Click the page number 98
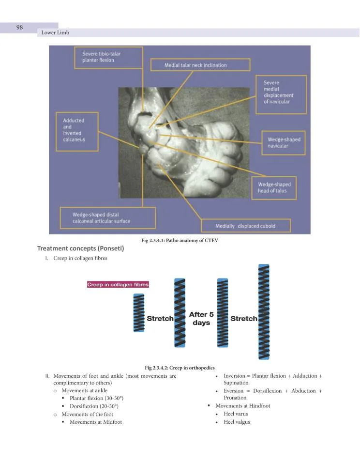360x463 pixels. click(20, 27)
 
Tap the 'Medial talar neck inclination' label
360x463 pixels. click(200, 65)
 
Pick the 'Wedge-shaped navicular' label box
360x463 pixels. click(284, 143)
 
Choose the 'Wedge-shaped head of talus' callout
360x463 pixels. click(274, 187)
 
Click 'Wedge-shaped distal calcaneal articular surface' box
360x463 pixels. click(107, 218)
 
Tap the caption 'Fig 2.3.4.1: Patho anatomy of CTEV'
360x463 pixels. click(180, 241)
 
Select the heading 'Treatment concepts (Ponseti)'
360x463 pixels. click(81, 249)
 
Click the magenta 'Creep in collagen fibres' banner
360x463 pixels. click(118, 284)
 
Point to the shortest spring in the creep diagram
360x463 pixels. click(139, 313)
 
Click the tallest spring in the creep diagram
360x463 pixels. click(264, 312)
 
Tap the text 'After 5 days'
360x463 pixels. click(201, 319)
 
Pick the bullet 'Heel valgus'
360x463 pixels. click(237, 422)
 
